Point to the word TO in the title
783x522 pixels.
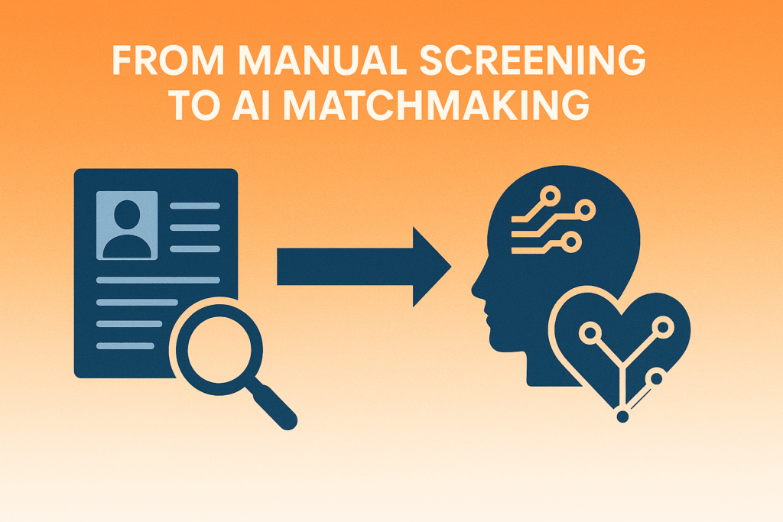(193, 105)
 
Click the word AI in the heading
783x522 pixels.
(249, 105)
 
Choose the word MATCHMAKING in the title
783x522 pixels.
(437, 105)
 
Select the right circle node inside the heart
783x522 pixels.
(661, 328)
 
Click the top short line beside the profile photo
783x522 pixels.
(194, 205)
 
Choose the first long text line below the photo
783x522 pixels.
(158, 280)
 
